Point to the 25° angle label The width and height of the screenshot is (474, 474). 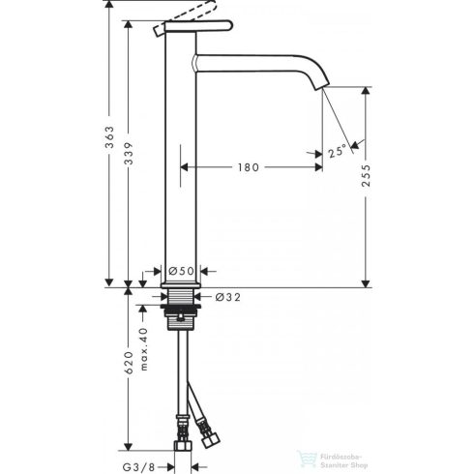tap(337, 152)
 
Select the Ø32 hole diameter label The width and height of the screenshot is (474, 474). tap(228, 297)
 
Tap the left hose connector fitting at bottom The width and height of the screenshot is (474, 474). tap(181, 440)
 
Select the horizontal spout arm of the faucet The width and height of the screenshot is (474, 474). tap(256, 62)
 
